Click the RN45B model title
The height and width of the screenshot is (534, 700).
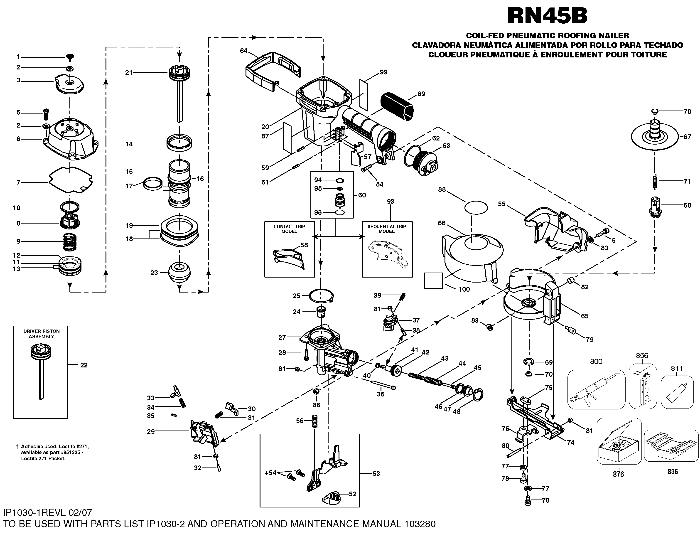547,16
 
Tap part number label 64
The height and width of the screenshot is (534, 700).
243,51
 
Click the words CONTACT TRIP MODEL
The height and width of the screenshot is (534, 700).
289,229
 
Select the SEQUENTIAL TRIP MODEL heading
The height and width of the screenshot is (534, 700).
386,229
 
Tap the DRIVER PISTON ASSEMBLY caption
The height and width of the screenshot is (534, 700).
41,334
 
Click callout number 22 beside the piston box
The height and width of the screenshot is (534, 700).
84,365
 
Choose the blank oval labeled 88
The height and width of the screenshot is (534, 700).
476,208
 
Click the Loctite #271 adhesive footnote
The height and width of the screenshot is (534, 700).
52,453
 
